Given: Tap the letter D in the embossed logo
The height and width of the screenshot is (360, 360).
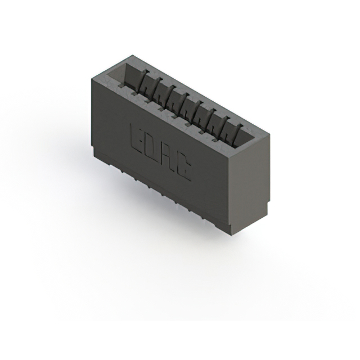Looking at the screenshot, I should [151, 147].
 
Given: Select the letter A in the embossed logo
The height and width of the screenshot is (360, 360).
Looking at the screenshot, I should [166, 157].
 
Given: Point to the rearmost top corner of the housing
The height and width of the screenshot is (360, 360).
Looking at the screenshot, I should [130, 55].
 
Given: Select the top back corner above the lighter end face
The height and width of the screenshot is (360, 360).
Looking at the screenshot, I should [269, 135].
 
